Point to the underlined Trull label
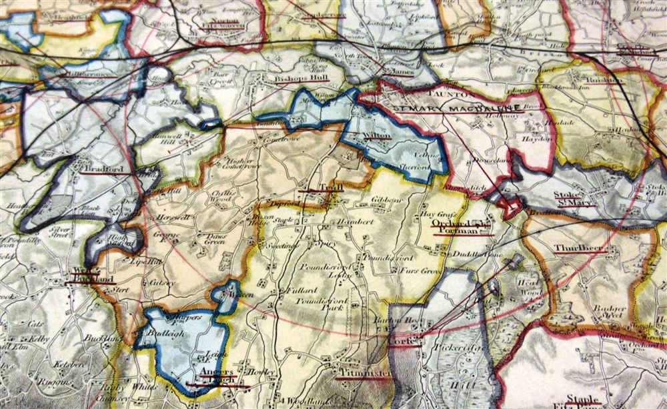(x=329, y=188)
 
